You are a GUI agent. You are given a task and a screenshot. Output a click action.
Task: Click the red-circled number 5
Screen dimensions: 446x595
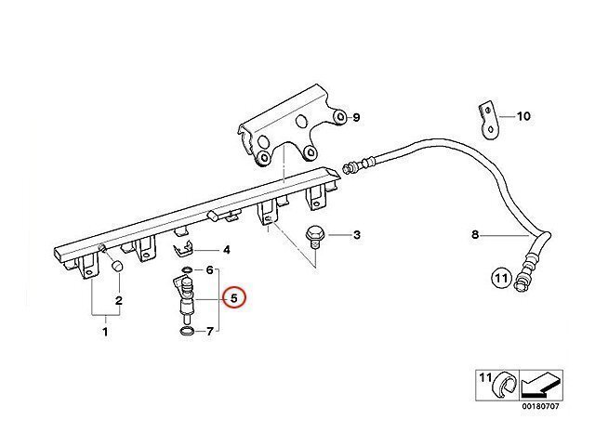(x=234, y=299)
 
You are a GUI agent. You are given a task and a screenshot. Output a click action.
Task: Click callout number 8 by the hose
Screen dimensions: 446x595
(x=474, y=236)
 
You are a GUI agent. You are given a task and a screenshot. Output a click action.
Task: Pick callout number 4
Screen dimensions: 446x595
(x=226, y=250)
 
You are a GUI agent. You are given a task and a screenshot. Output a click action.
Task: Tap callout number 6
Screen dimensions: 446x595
(x=210, y=270)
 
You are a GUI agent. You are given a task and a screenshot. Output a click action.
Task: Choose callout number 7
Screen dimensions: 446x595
(x=210, y=332)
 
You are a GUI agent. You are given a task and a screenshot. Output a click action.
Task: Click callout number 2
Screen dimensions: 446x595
(x=119, y=299)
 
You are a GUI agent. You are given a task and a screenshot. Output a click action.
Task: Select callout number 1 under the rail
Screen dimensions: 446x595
(x=105, y=332)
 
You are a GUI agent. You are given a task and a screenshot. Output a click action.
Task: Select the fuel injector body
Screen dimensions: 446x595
(x=186, y=301)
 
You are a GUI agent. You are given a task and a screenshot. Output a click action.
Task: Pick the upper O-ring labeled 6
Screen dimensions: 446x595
(x=185, y=271)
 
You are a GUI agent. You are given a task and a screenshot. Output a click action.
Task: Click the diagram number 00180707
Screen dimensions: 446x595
(x=539, y=405)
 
